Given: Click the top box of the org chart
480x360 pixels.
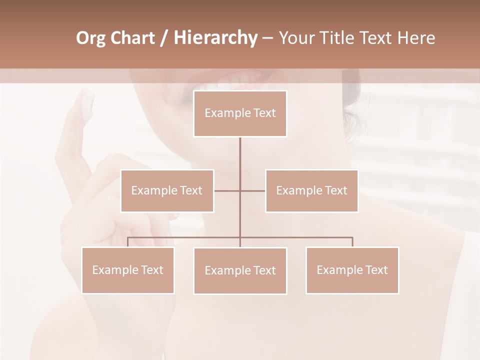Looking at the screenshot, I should pyautogui.click(x=240, y=113).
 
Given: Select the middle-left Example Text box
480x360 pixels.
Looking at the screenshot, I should pyautogui.click(x=167, y=190).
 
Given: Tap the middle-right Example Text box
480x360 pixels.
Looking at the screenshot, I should pyautogui.click(x=311, y=190).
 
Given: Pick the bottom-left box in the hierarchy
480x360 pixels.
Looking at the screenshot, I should pyautogui.click(x=127, y=270).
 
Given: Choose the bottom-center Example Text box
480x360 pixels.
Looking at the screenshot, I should pyautogui.click(x=240, y=270).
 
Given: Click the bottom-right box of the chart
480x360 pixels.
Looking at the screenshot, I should pyautogui.click(x=352, y=270).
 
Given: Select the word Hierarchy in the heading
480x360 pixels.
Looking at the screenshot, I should pyautogui.click(x=215, y=38).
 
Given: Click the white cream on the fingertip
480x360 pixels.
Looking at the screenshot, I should pyautogui.click(x=87, y=101).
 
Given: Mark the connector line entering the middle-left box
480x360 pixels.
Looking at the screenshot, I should pyautogui.click(x=226, y=190).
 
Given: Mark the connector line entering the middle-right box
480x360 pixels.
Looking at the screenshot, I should pyautogui.click(x=253, y=190).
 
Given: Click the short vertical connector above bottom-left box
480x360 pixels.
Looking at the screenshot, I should pyautogui.click(x=127, y=242).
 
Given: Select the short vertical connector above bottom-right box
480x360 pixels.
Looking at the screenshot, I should pyautogui.click(x=352, y=242).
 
